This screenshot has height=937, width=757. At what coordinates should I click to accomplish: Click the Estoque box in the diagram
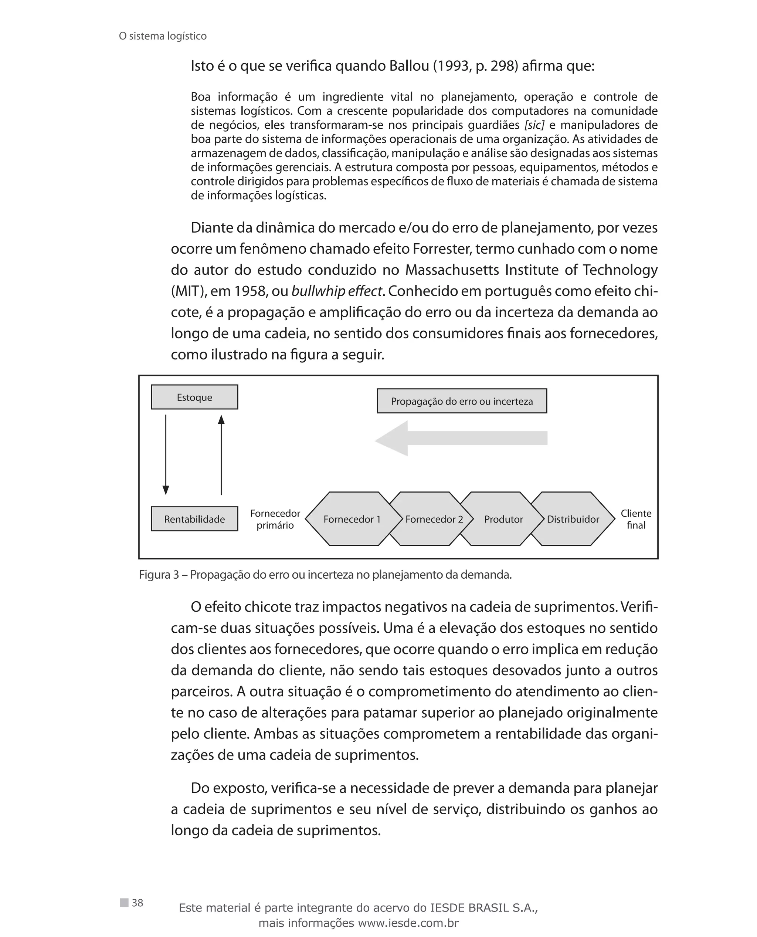point(194,397)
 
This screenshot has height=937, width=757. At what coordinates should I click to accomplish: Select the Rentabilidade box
point(194,519)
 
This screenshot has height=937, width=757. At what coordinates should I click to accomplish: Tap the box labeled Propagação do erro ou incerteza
point(462,401)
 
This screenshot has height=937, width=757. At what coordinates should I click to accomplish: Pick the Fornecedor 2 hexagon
point(434,519)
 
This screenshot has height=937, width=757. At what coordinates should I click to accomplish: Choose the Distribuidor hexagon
point(573,519)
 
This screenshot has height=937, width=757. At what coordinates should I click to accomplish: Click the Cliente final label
point(636,519)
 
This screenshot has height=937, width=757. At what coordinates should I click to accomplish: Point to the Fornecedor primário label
point(275,519)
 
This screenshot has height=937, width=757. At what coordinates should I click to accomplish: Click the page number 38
point(138,903)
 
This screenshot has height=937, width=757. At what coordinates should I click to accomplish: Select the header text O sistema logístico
point(163,36)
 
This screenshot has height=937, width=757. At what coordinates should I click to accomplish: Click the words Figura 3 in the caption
point(159,575)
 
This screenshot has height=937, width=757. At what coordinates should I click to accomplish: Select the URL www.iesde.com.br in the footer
point(408,923)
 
